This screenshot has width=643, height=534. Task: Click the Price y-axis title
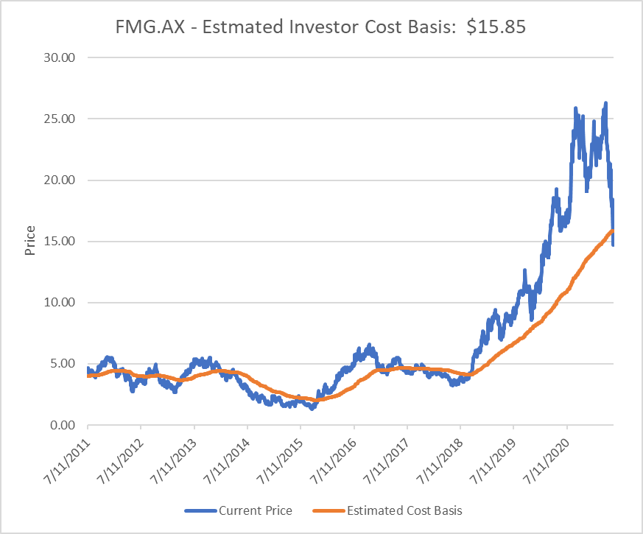(x=30, y=242)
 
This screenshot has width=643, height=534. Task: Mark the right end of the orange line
(x=614, y=231)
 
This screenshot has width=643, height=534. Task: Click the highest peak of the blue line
(x=605, y=104)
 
